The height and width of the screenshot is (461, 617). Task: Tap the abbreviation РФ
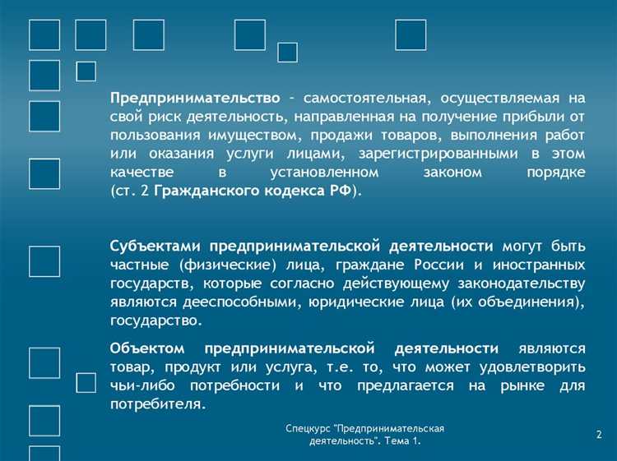[339, 191]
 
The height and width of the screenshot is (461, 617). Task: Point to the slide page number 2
[598, 433]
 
